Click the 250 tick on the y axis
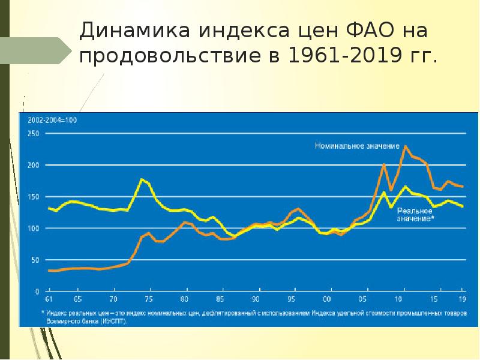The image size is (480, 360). tap(34, 134)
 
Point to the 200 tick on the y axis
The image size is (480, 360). tap(34, 165)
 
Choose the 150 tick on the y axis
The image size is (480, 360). tap(34, 197)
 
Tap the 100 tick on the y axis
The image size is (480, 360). tap(34, 229)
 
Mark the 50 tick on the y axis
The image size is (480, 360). tap(35, 260)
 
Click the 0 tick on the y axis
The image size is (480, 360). tap(37, 291)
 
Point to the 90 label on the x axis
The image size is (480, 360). tap(256, 299)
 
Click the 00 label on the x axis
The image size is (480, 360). tap(327, 299)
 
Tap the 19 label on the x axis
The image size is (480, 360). tap(462, 299)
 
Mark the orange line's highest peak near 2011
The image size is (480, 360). tap(406, 146)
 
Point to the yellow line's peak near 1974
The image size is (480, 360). tap(142, 179)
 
